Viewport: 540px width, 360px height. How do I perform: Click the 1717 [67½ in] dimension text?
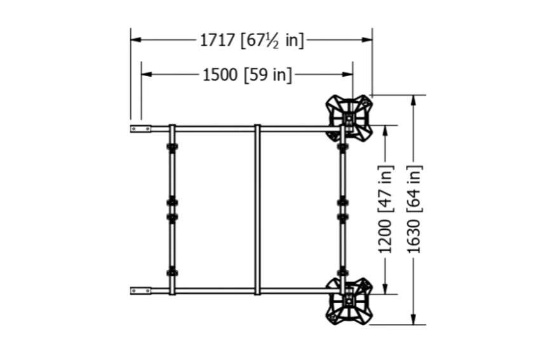252,41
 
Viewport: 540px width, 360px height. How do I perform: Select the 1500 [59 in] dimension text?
247,75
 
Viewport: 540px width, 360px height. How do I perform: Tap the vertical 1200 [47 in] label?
386,210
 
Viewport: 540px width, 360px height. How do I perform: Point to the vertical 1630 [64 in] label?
414,210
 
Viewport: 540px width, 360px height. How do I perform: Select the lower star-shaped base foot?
349,302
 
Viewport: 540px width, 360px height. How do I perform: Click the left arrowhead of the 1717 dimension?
136,39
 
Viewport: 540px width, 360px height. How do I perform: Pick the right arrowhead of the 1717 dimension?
367,39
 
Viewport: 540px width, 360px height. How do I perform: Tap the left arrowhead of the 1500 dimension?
146,74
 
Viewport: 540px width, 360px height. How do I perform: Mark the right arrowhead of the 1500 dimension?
348,74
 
